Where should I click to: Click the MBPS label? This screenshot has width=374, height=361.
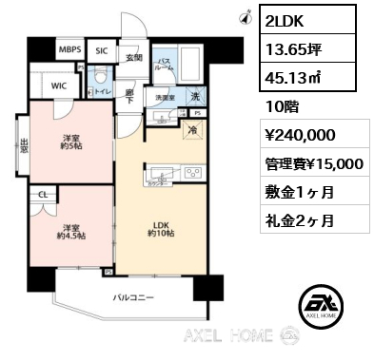(x=69, y=49)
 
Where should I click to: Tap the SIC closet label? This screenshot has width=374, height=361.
(x=102, y=49)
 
